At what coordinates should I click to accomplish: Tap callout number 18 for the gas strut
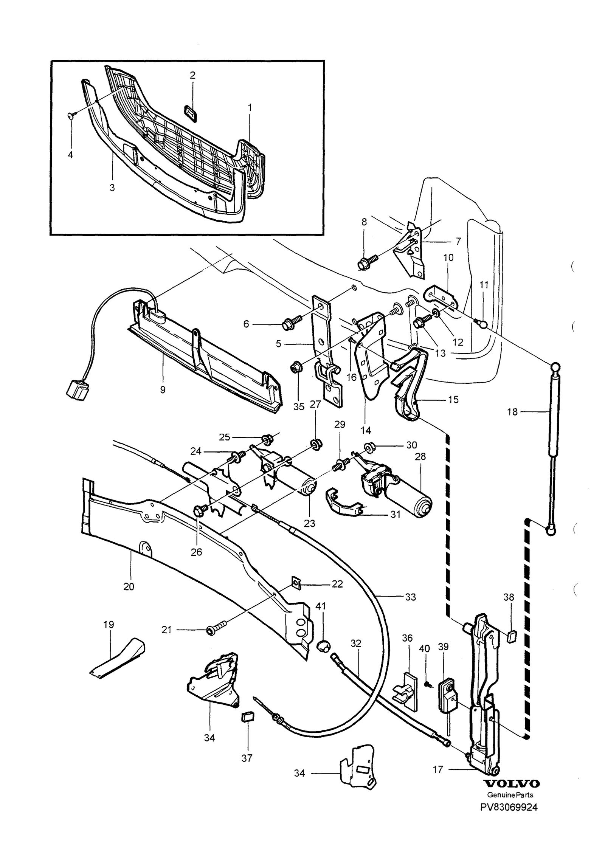pos(512,412)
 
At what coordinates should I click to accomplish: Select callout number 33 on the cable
pos(410,597)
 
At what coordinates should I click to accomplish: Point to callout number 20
pos(129,586)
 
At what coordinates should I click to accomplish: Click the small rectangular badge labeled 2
pos(192,114)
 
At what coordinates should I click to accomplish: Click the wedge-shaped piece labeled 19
pos(118,658)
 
